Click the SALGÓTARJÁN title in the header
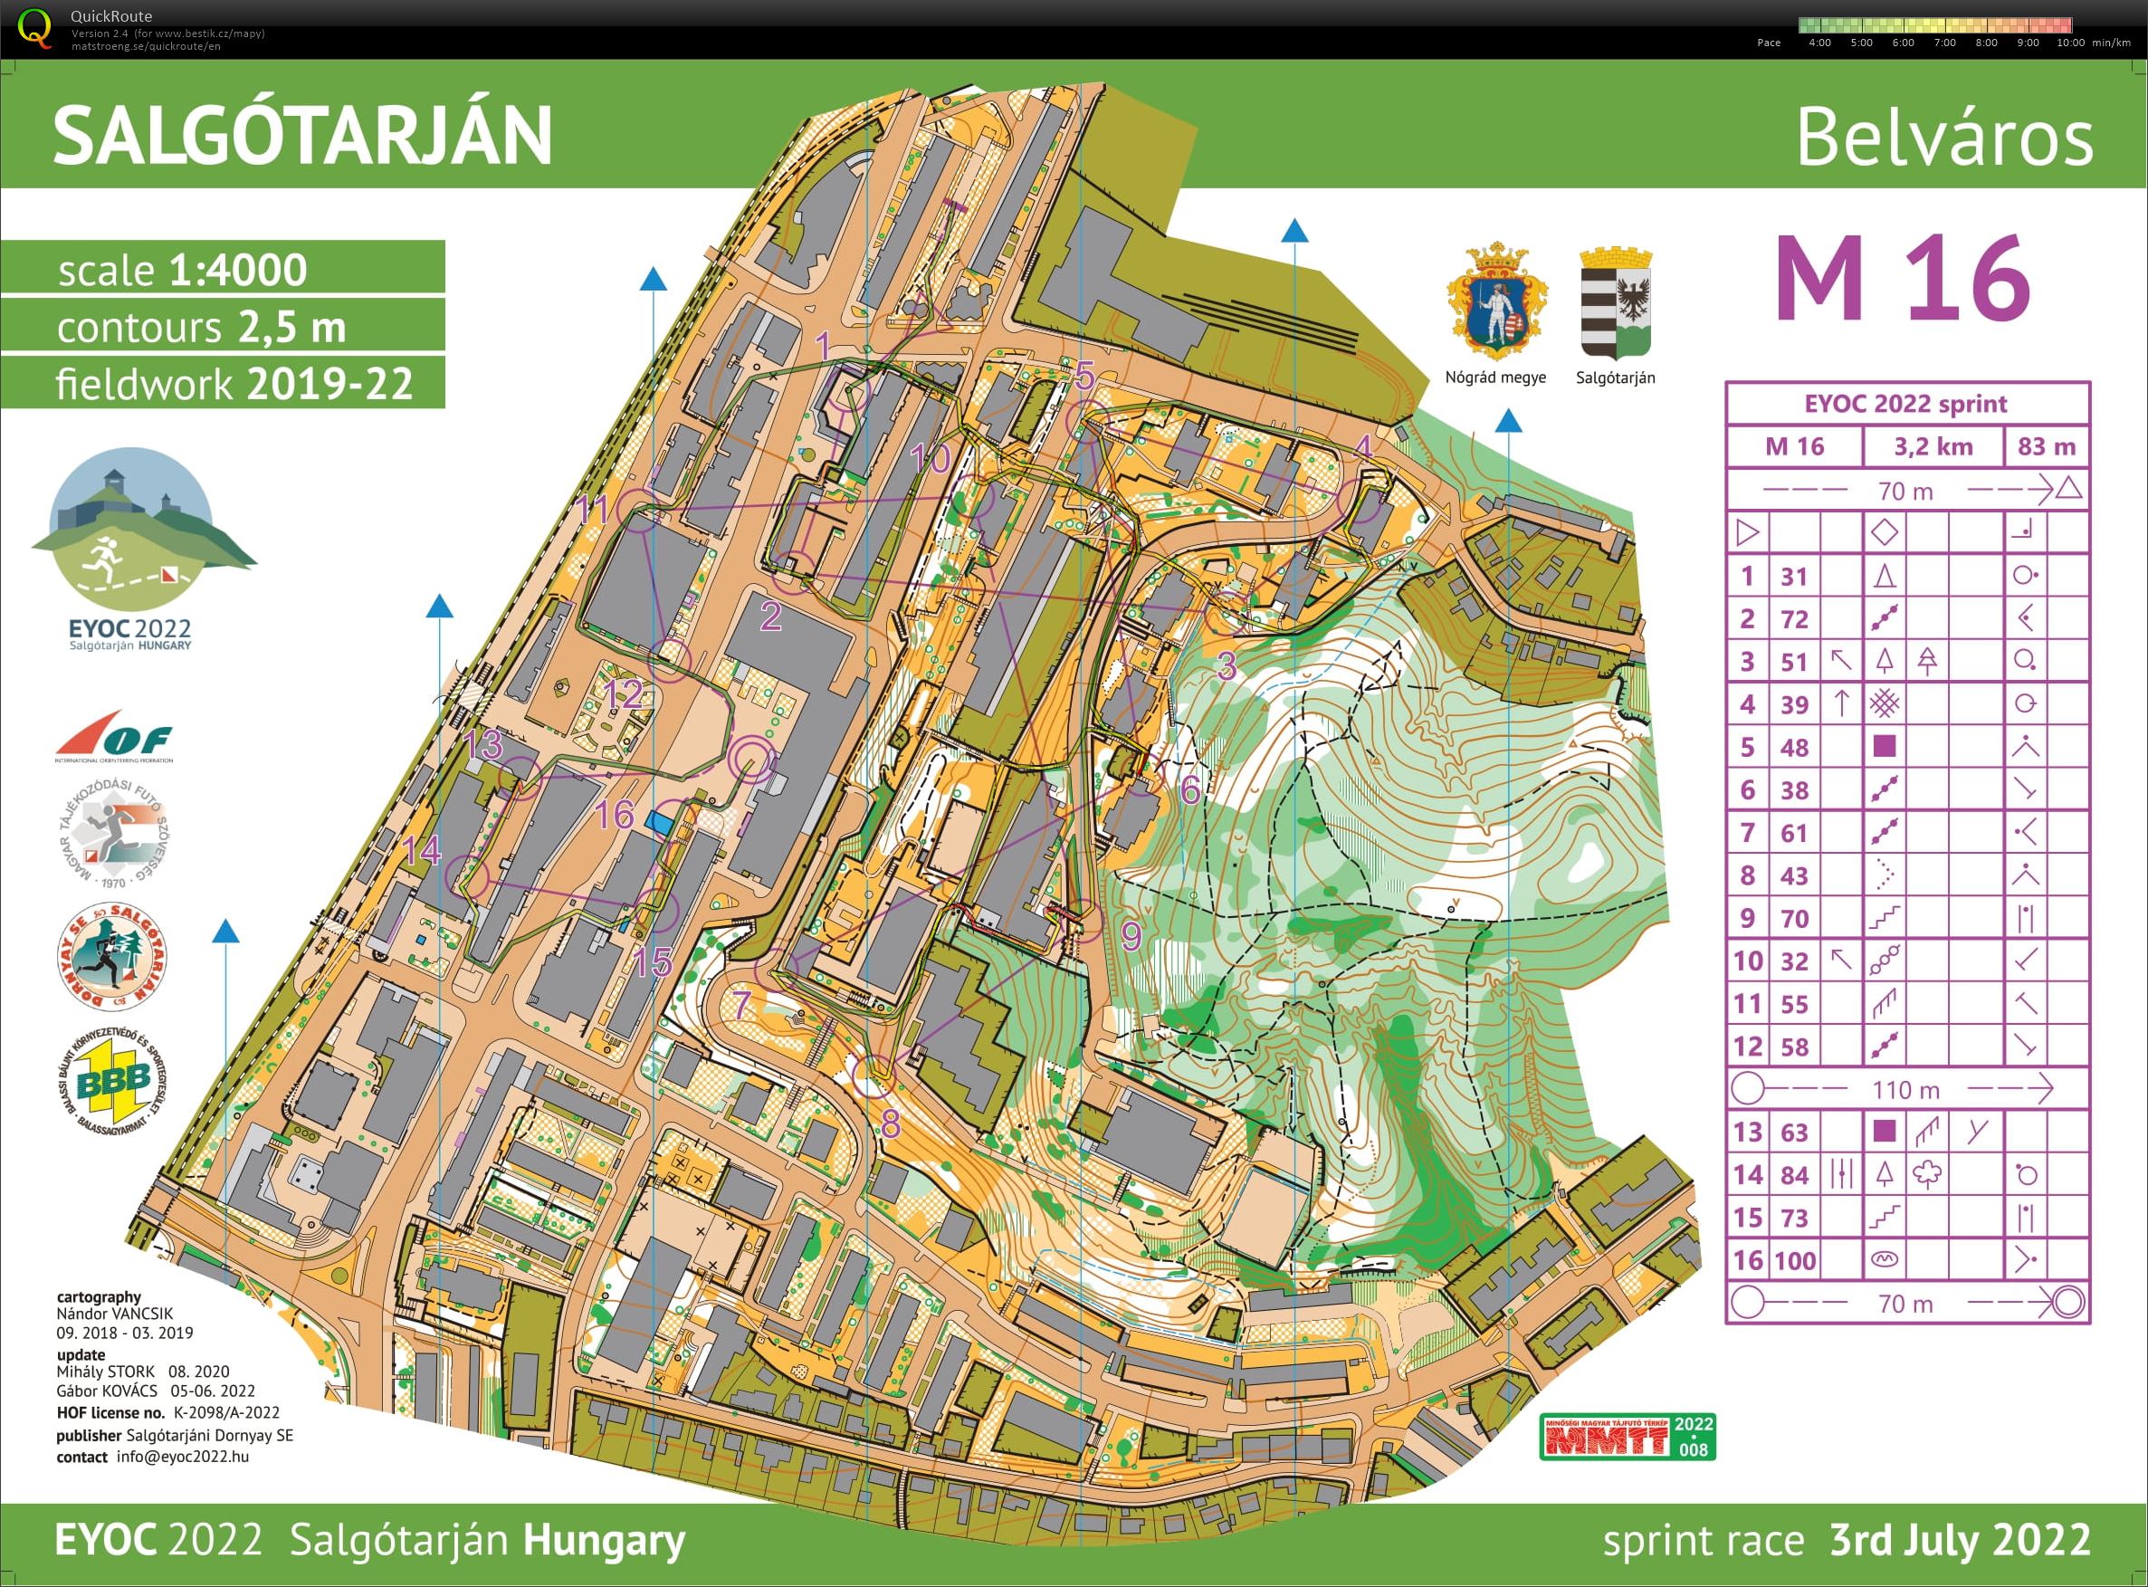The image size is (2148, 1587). pos(302,136)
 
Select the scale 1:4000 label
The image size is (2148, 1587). pos(183,270)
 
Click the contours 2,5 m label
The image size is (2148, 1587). pos(201,328)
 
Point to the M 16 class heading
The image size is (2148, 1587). pos(1901,280)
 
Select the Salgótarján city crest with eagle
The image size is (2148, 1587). pos(1616,302)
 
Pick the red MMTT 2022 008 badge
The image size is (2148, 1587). pos(1628,1436)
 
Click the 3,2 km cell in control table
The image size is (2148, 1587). pos(1933,446)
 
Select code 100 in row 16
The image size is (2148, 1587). pos(1793,1260)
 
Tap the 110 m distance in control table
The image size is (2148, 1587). pos(1905,1089)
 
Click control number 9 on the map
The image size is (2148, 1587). pos(1131,934)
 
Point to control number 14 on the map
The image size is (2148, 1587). pos(422,850)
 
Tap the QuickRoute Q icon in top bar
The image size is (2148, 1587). pos(35,27)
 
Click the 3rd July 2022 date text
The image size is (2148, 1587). pos(1960,1539)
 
